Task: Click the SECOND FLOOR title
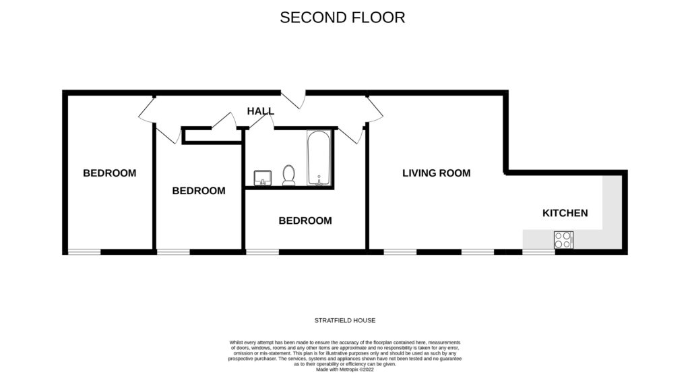(x=342, y=18)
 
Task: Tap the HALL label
(x=260, y=111)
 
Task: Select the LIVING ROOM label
(x=436, y=173)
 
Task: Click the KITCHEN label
(x=565, y=213)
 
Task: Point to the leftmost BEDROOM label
(x=109, y=173)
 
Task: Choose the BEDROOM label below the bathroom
(x=305, y=220)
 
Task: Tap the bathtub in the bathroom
(x=318, y=158)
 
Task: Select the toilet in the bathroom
(x=289, y=175)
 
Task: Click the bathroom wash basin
(x=262, y=177)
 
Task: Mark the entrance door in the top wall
(x=292, y=99)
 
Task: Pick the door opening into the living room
(x=373, y=109)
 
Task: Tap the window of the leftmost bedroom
(x=84, y=252)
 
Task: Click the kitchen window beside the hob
(x=538, y=252)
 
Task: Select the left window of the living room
(x=400, y=252)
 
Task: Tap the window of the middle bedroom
(x=173, y=252)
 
